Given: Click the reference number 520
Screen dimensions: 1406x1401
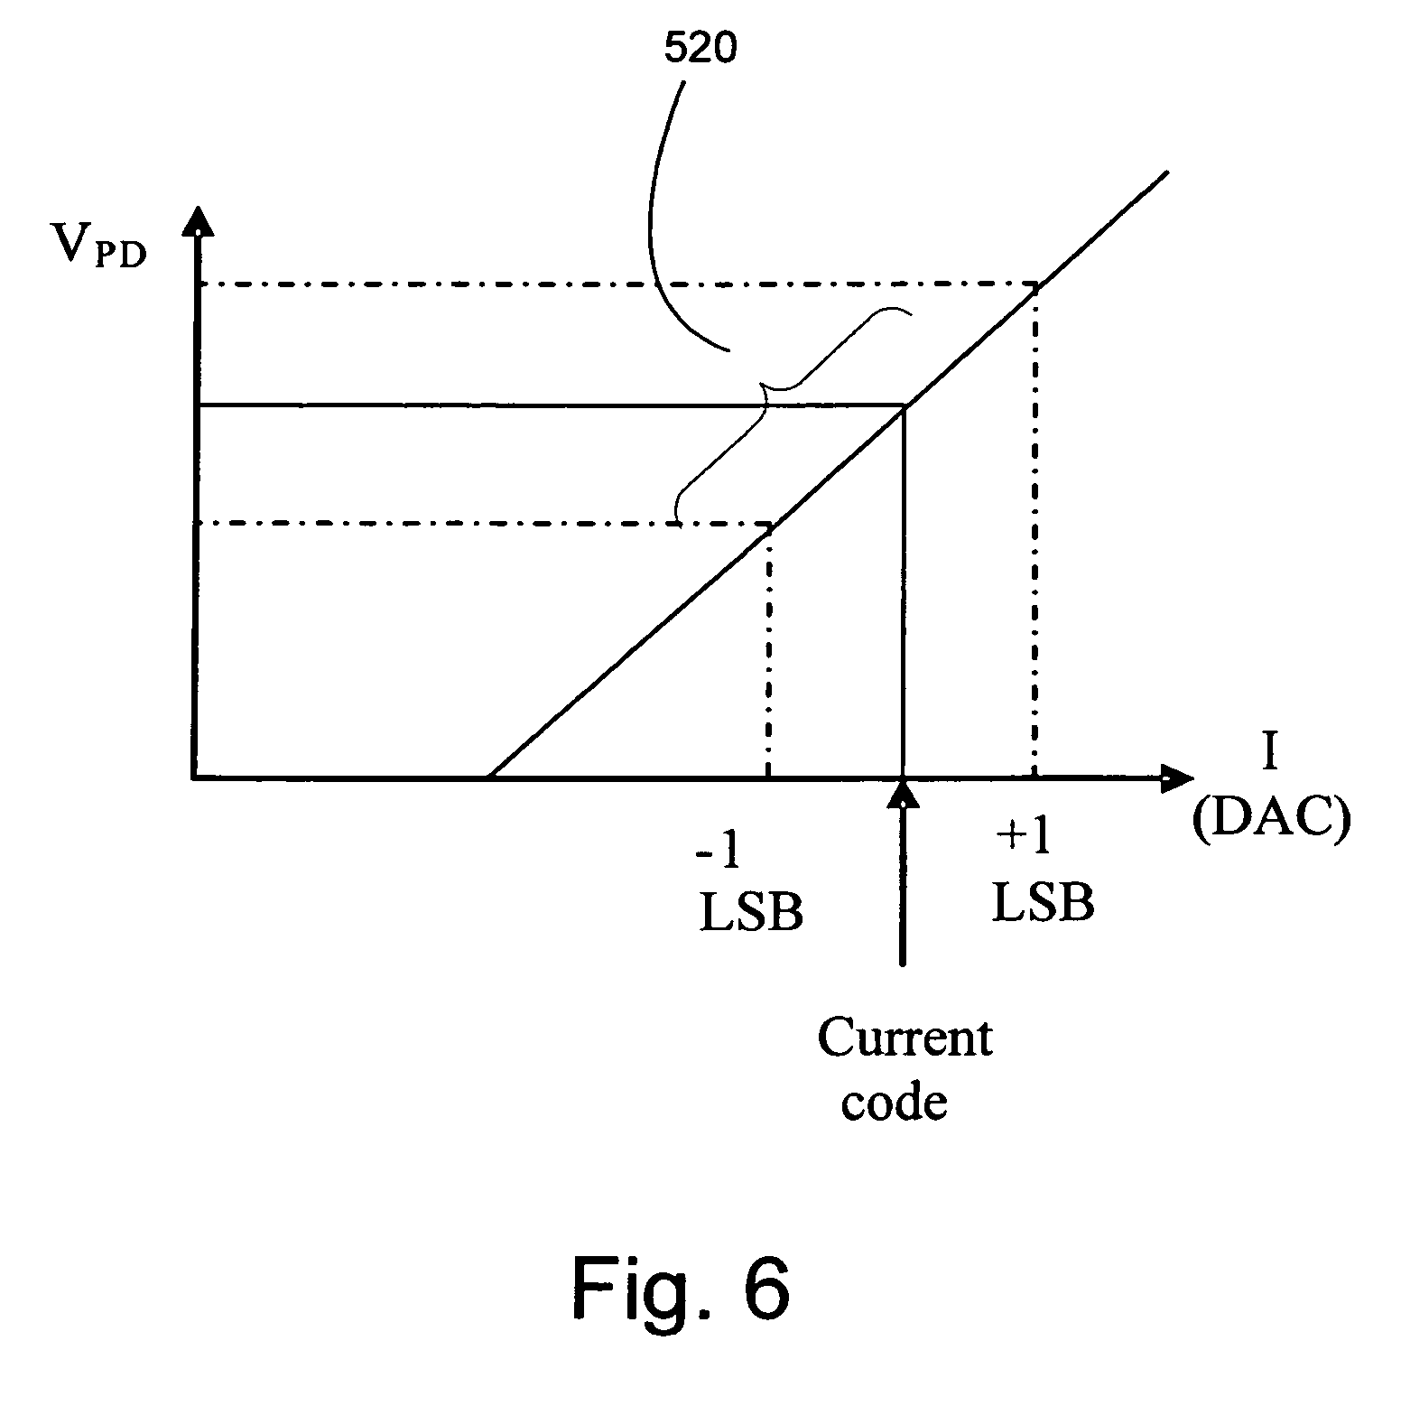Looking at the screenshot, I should tap(700, 50).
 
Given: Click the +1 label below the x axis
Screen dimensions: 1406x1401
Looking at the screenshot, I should tap(1024, 838).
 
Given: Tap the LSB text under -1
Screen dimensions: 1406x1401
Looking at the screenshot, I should tap(751, 912).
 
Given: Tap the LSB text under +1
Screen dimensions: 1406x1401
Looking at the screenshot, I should tap(1043, 902).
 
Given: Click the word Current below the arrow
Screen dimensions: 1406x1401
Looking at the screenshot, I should tap(905, 1038).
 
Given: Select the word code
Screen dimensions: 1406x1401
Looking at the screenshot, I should tap(894, 1103).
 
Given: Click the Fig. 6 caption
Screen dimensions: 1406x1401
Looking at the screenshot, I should tap(682, 1289).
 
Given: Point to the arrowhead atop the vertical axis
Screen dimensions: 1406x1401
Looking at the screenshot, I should tap(195, 221).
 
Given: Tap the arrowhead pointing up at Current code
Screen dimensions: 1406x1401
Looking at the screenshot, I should tap(903, 793).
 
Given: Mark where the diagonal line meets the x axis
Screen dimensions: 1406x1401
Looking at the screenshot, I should tap(488, 776).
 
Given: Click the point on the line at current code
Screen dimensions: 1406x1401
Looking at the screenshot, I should tap(904, 408).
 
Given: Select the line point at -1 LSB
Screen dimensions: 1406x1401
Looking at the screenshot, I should tap(769, 526).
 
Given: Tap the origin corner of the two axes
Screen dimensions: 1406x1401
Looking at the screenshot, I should tap(195, 776).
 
